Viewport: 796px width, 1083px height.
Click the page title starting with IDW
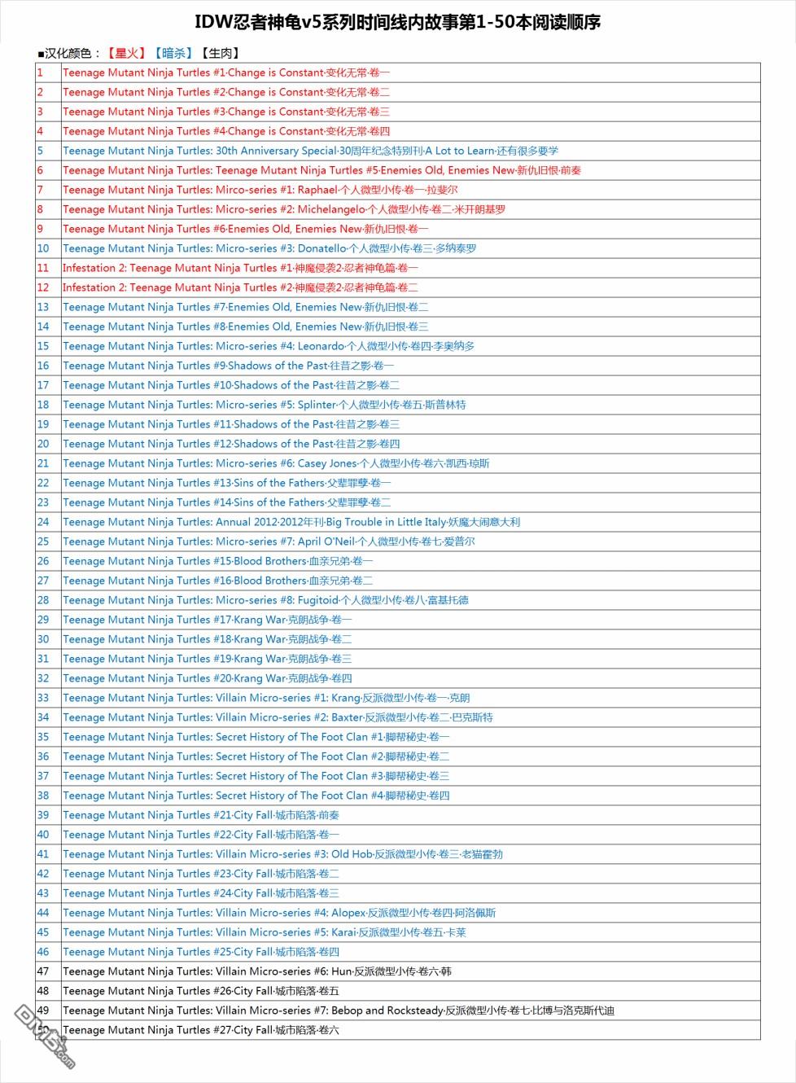click(397, 22)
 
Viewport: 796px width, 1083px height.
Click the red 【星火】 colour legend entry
click(125, 54)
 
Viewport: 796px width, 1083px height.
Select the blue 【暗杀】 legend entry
click(173, 54)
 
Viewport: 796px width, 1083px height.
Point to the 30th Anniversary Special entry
click(310, 151)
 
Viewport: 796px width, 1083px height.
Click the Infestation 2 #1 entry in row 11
click(240, 268)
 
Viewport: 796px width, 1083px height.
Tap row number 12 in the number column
click(43, 287)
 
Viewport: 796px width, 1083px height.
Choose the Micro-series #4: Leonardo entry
click(269, 346)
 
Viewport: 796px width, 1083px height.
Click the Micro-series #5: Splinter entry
click(264, 405)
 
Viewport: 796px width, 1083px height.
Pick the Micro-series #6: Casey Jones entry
click(276, 463)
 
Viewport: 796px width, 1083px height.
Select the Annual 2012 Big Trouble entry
click(291, 522)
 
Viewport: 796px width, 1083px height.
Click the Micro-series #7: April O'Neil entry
click(269, 541)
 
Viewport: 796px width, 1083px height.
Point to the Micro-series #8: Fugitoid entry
click(265, 600)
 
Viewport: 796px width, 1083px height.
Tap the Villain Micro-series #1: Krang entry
click(266, 698)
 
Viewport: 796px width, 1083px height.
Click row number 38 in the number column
click(43, 796)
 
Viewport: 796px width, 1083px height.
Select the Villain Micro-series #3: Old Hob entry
click(282, 854)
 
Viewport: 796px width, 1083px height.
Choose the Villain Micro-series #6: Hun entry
click(257, 971)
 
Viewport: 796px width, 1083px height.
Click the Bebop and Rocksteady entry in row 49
click(338, 1011)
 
